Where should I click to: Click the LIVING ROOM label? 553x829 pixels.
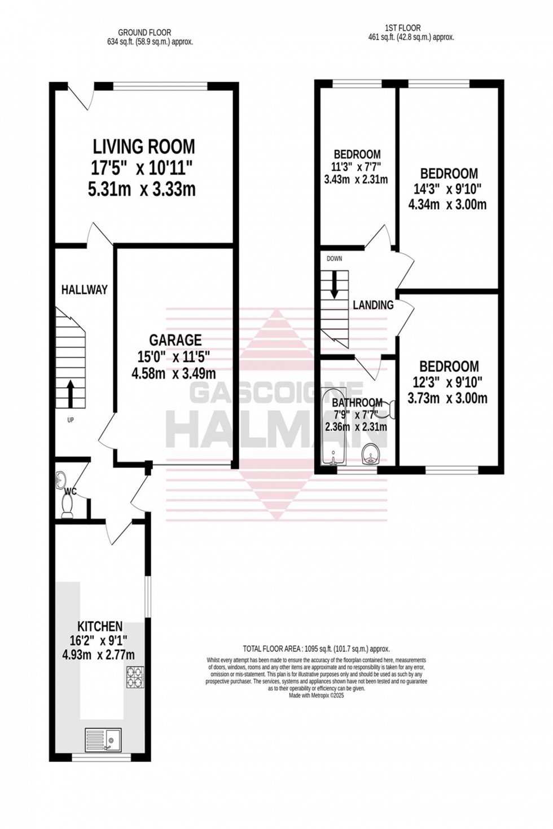[x=144, y=147]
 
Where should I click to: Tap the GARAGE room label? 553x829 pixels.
[x=175, y=340]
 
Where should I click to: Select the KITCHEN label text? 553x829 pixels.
[x=100, y=627]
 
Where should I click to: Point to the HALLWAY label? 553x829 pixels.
[x=84, y=290]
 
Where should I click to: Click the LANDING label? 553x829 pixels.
[x=373, y=305]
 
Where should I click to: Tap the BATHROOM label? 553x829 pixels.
[x=357, y=403]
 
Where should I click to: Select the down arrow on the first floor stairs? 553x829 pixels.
[x=334, y=284]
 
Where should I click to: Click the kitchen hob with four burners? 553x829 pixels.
[x=135, y=677]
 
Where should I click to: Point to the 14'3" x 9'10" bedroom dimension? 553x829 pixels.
[x=449, y=189]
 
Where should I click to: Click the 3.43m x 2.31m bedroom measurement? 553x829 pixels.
[x=356, y=180]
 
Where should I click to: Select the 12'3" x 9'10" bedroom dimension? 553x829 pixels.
[x=449, y=382]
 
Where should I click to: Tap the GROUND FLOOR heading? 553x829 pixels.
[x=144, y=33]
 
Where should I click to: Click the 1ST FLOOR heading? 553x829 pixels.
[x=403, y=28]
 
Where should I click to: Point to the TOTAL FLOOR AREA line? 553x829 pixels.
[x=316, y=649]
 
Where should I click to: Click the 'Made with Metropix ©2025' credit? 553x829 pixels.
[x=316, y=695]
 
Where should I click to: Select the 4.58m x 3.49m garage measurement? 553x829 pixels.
[x=174, y=373]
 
